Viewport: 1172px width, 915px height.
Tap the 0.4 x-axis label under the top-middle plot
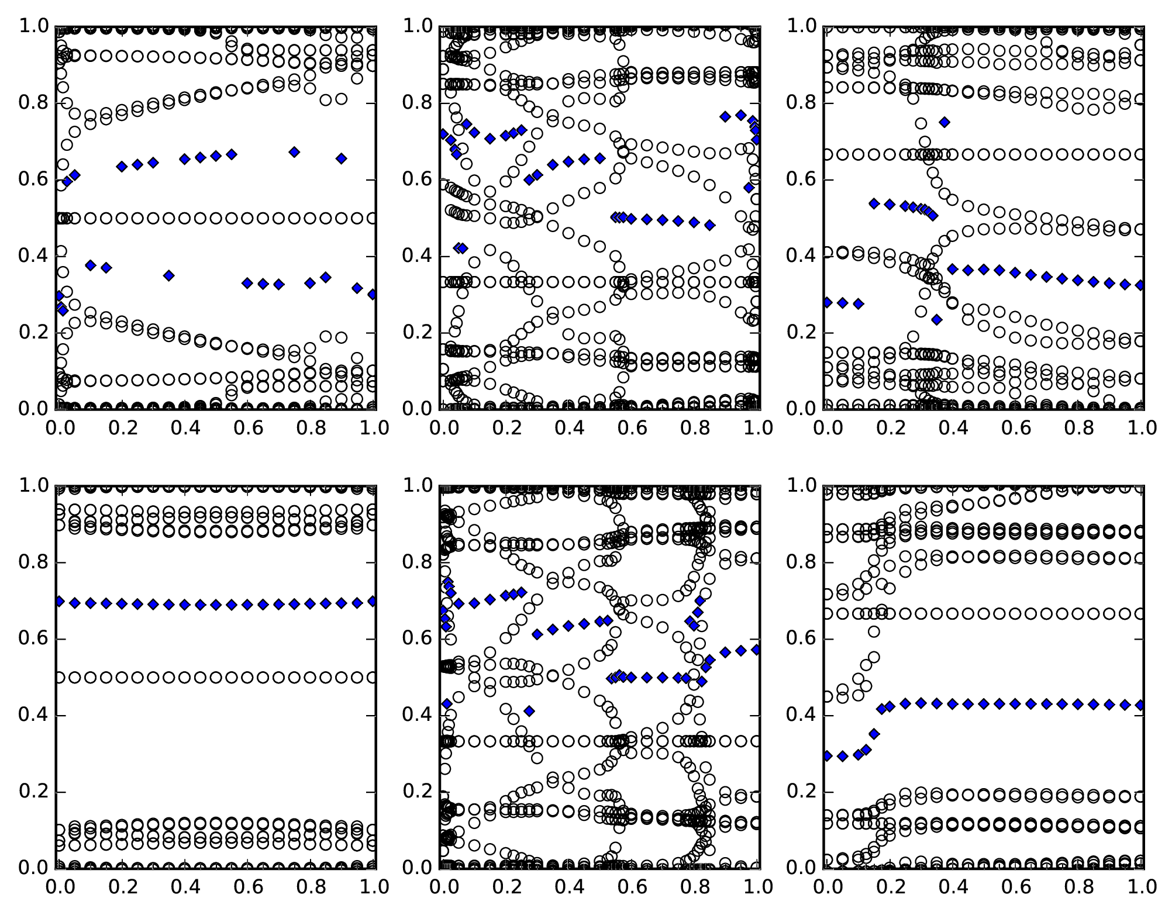[x=568, y=429]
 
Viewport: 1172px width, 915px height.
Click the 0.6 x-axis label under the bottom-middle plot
[x=631, y=888]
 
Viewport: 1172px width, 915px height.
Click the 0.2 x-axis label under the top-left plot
[x=122, y=429]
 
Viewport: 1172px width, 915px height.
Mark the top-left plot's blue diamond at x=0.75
[x=294, y=152]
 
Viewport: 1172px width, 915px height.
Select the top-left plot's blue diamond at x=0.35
[x=169, y=275]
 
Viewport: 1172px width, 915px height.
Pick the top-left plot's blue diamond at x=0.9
[x=342, y=158]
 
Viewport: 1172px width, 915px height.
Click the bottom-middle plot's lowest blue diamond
[x=529, y=711]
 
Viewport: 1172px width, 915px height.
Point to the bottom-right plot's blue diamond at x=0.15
[x=874, y=734]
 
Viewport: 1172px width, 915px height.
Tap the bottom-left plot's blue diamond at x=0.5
[x=216, y=605]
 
